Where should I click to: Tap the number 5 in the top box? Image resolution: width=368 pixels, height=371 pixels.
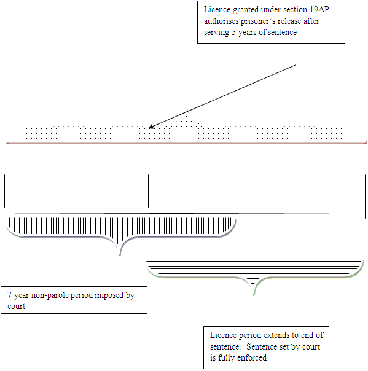[x=233, y=32]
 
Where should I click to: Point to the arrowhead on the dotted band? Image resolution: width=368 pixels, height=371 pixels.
[x=151, y=127]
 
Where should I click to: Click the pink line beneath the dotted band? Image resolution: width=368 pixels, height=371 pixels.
[x=186, y=143]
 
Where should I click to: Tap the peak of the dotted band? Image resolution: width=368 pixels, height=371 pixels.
[x=187, y=110]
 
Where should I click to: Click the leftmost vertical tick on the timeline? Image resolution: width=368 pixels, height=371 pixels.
[x=4, y=191]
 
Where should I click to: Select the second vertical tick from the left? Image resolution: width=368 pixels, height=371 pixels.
[x=149, y=191]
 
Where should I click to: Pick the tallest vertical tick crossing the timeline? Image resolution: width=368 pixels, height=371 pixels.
[x=237, y=195]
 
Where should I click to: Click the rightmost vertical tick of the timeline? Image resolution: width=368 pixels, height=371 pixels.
[x=365, y=197]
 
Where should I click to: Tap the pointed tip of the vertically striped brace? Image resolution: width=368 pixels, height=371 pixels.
[x=120, y=254]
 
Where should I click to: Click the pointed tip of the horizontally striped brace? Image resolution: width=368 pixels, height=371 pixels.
[x=254, y=295]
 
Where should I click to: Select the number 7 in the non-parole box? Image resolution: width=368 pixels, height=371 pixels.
[x=9, y=295]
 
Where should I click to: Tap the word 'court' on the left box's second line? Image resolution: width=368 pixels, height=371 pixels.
[x=17, y=307]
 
